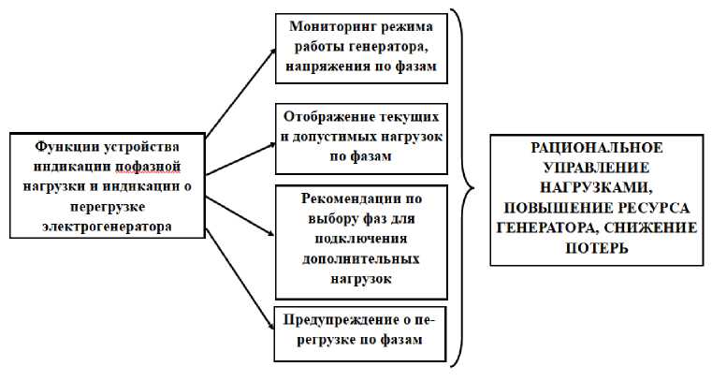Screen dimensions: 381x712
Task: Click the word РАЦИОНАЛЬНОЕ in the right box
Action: (x=596, y=148)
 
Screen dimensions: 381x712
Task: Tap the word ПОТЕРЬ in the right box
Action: (x=596, y=249)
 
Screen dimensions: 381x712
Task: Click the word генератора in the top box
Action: (x=385, y=48)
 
